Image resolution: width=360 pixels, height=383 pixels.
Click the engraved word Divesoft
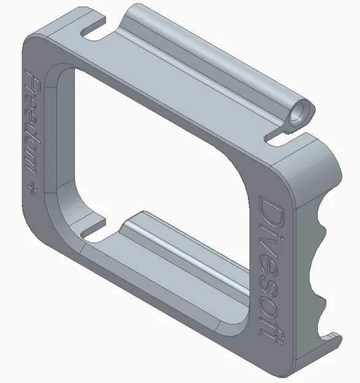coord(270,264)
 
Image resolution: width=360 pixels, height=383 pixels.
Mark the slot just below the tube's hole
coord(280,135)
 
